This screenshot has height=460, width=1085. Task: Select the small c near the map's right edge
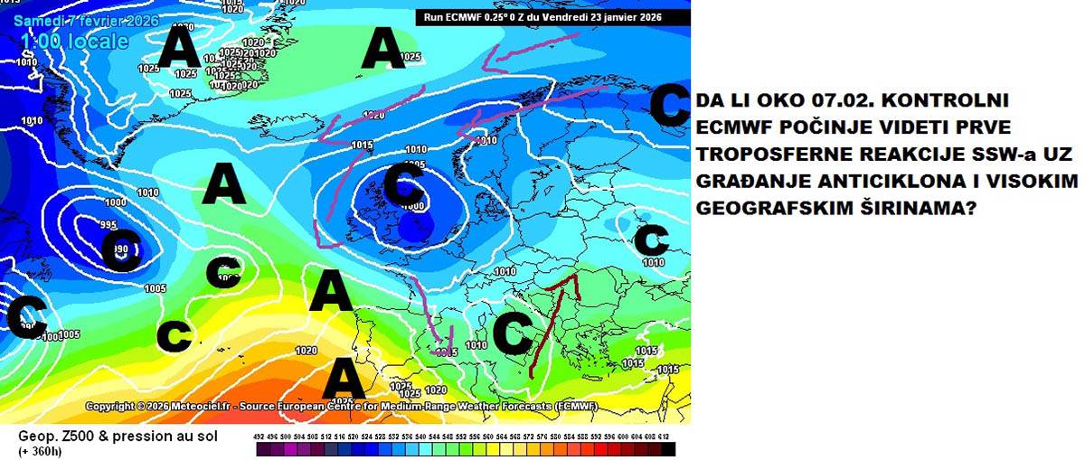pos(650,240)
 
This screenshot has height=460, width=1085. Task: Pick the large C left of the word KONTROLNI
pos(670,105)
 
